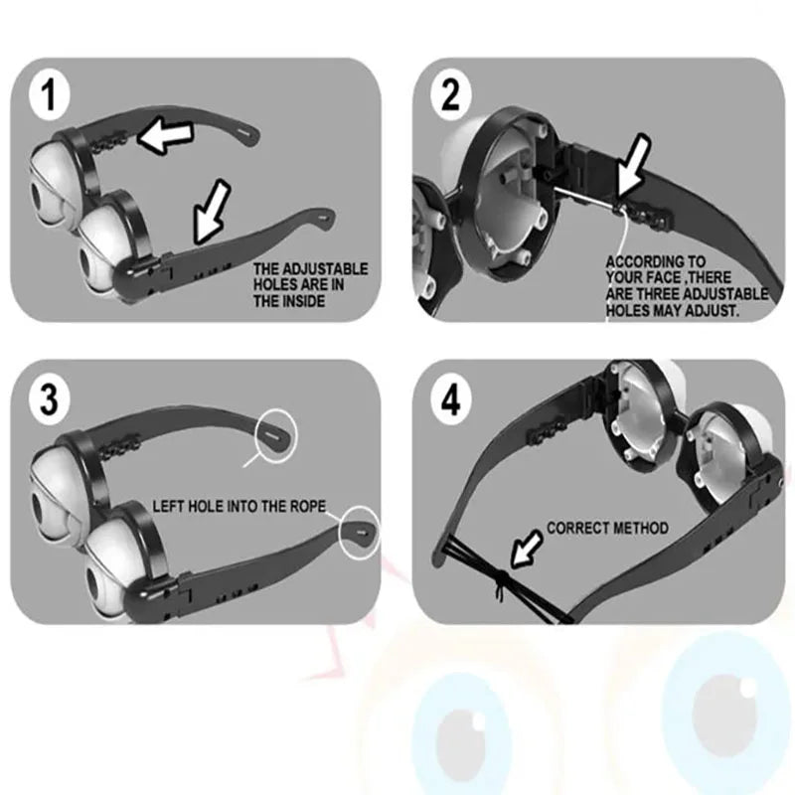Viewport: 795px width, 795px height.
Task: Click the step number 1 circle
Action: (49, 95)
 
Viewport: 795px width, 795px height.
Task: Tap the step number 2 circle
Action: (451, 95)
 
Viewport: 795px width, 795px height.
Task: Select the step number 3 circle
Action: (49, 399)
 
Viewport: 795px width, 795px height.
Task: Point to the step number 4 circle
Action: (451, 399)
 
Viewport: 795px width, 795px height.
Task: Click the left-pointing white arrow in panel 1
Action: (165, 135)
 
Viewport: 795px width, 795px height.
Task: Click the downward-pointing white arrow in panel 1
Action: (211, 212)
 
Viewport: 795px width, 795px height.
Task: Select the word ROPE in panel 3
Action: (308, 506)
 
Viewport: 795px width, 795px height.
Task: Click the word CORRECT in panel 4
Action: (576, 528)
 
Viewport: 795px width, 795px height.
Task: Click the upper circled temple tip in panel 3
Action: (277, 435)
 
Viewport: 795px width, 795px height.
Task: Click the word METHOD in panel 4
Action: (640, 528)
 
